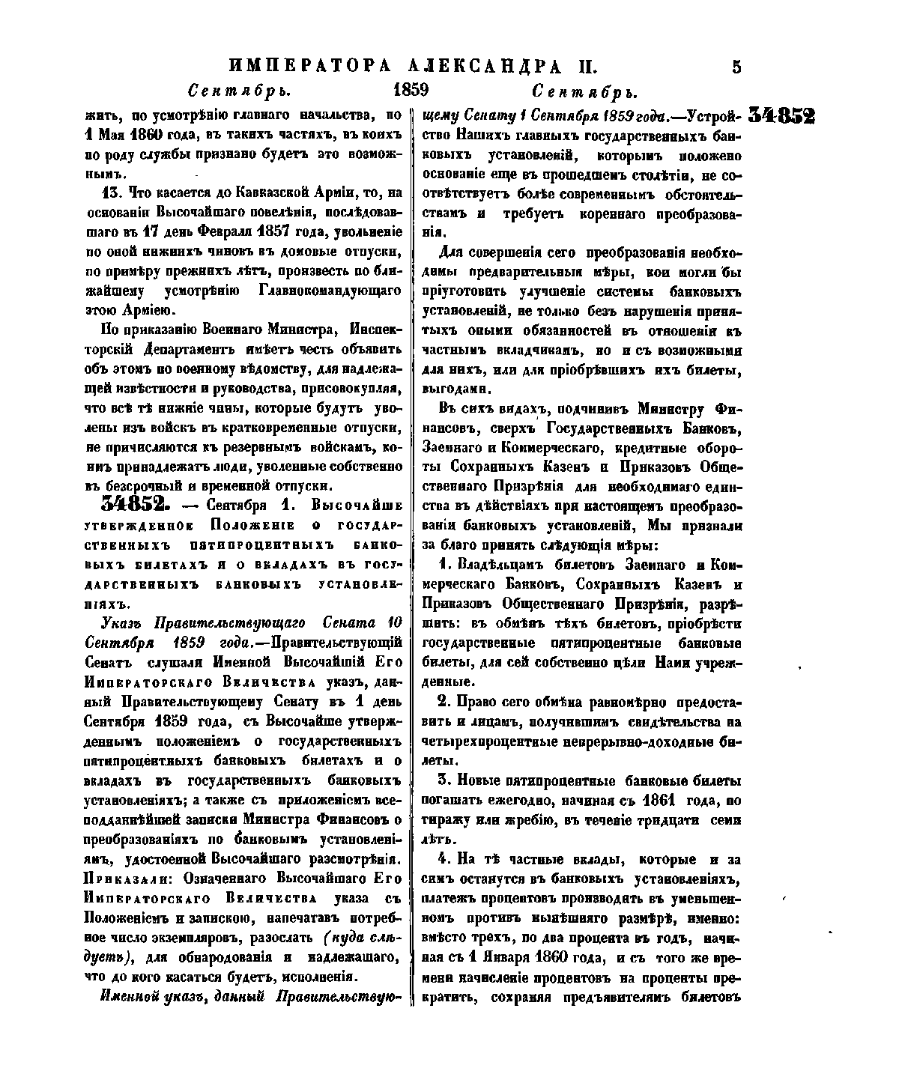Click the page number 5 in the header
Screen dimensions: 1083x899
pyautogui.click(x=736, y=67)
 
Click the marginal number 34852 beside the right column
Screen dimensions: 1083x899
pyautogui.click(x=781, y=117)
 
